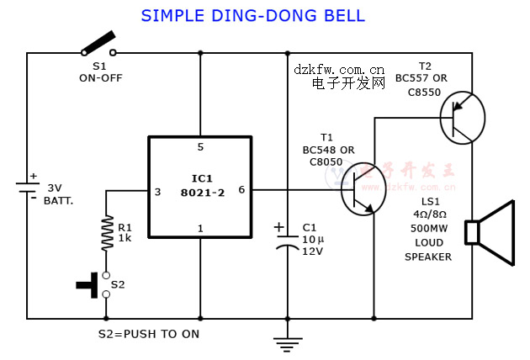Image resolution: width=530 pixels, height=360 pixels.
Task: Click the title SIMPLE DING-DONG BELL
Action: click(x=252, y=16)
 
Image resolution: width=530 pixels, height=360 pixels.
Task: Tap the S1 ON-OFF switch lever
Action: click(x=98, y=43)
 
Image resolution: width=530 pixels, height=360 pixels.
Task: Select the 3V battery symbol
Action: click(x=26, y=188)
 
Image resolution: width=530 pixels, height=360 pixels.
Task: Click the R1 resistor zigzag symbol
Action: click(x=107, y=233)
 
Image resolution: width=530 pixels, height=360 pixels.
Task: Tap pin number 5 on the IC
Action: click(x=200, y=147)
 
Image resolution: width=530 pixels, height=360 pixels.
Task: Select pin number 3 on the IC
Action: click(x=157, y=191)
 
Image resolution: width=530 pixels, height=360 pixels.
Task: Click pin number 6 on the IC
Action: click(x=241, y=190)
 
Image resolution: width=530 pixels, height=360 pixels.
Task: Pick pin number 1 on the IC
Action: click(x=200, y=228)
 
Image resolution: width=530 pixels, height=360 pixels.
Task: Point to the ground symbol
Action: click(x=288, y=342)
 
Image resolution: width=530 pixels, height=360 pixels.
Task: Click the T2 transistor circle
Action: click(x=462, y=119)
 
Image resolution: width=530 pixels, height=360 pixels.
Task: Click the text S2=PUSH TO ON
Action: click(x=149, y=333)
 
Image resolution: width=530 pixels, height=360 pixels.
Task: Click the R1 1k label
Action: click(x=125, y=233)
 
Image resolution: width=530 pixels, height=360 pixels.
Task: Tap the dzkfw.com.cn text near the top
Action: click(x=339, y=69)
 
